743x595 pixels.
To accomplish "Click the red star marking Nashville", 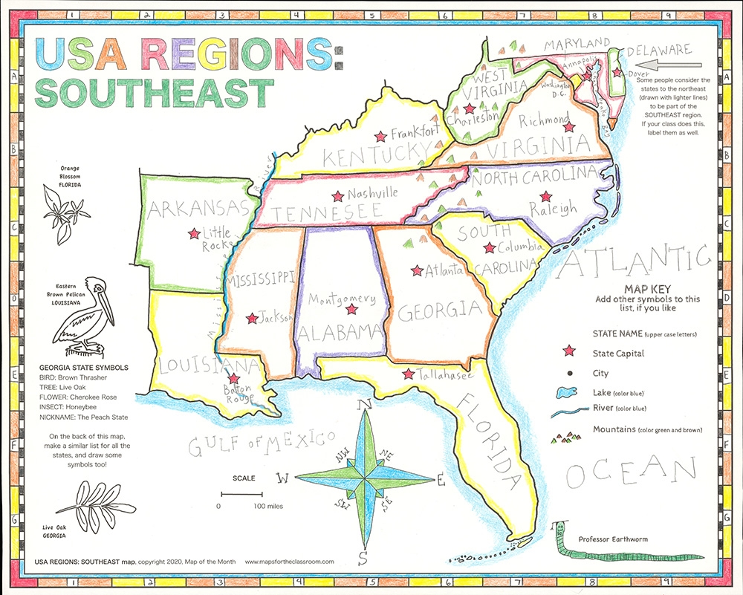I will click(x=338, y=196).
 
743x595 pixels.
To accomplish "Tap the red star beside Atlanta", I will click(x=417, y=270).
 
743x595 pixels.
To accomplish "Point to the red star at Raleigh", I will click(x=546, y=197).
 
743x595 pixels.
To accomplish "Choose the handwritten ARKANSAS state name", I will click(x=197, y=209).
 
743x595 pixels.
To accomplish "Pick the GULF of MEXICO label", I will click(x=261, y=443).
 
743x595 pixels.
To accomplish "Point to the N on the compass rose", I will click(x=364, y=406).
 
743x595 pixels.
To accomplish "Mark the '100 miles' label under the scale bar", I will click(x=267, y=506).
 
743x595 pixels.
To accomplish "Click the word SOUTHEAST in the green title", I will click(x=153, y=91).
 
